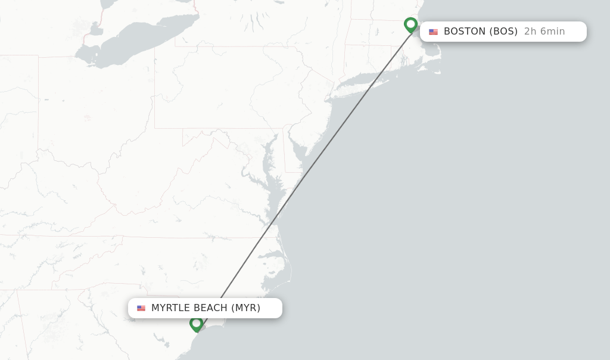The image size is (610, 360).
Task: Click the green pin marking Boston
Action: click(x=410, y=24)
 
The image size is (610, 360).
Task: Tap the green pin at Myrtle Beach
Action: click(x=197, y=324)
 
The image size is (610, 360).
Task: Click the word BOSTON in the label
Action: click(x=464, y=32)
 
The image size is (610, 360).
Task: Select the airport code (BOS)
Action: click(x=503, y=32)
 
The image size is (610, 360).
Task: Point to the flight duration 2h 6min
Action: click(x=544, y=32)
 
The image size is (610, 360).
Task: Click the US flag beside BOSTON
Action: click(x=433, y=32)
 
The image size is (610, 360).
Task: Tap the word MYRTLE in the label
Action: click(x=170, y=308)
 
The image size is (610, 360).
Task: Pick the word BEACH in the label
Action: click(x=210, y=308)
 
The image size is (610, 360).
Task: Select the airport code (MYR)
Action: click(x=246, y=308)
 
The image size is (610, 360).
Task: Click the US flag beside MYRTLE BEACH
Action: click(x=141, y=309)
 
